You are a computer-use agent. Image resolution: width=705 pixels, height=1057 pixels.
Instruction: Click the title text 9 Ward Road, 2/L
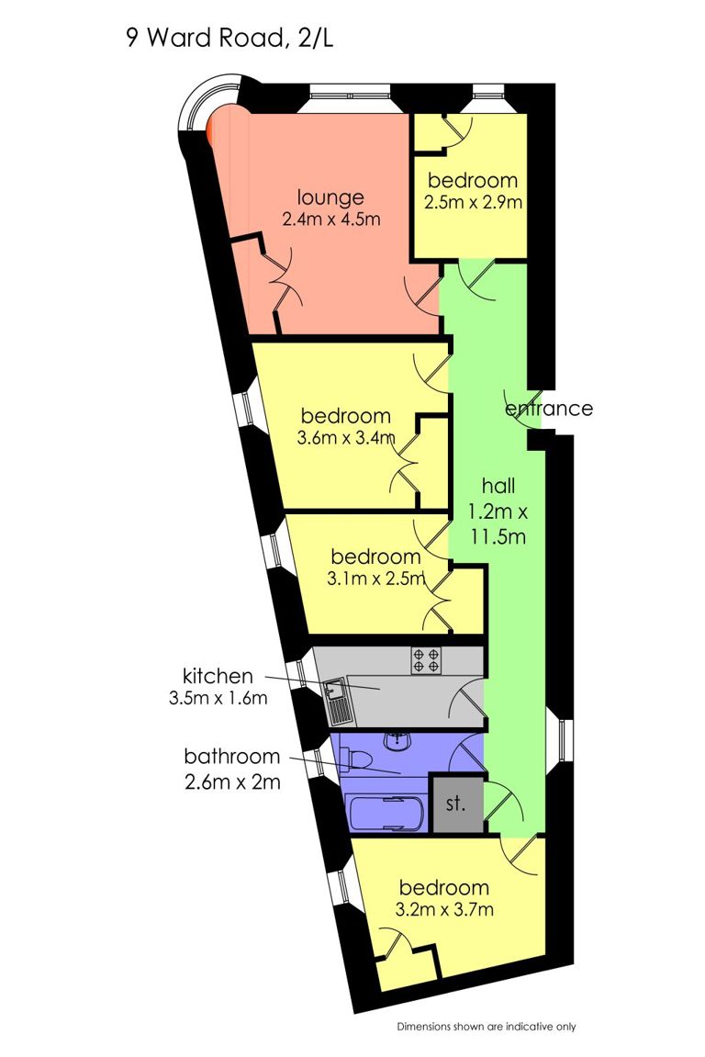pos(229,38)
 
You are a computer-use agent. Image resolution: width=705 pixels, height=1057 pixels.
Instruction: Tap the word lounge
pos(331,198)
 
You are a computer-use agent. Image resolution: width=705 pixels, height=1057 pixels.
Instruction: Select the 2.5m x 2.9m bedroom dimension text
pos(473,202)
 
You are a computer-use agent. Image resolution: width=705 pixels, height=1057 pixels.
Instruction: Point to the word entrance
pos(549,409)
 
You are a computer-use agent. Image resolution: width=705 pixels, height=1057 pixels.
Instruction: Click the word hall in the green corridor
pos(498,486)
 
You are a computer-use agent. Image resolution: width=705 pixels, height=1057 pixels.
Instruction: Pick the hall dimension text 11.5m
pos(498,537)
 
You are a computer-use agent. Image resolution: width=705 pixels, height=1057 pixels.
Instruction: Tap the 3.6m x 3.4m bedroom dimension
pos(346,438)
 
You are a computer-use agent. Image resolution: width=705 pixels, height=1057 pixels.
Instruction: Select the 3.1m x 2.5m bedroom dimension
pos(376,579)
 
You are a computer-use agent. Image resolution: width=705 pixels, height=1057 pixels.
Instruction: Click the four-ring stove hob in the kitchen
pos(427,660)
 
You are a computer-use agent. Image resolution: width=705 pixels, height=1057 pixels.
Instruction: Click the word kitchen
pos(218,676)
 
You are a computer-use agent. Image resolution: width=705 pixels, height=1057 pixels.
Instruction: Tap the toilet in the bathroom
pos(354,759)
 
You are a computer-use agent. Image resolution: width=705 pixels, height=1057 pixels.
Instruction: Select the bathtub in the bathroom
pos(385,813)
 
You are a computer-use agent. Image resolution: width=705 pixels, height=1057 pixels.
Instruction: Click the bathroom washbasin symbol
pos(397,741)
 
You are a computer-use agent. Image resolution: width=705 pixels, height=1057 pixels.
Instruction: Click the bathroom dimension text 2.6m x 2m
pos(232,782)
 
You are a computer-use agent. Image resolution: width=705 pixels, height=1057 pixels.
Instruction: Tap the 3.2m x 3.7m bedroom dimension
pos(444,909)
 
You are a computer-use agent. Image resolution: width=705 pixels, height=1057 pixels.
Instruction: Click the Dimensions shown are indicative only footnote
pos(487,1027)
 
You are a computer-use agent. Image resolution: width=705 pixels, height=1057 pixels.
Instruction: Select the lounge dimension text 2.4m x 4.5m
pos(331,219)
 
